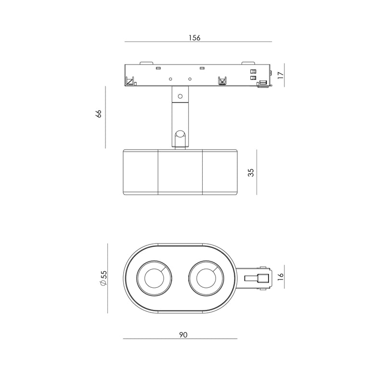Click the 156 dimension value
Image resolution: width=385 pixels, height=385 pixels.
194,38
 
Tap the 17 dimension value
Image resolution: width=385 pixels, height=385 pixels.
281,75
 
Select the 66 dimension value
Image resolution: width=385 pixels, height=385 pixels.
99,114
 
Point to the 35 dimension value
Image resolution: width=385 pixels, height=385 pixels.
251,173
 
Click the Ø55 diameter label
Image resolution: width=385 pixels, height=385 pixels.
103,278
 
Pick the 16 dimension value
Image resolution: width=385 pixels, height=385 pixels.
281,277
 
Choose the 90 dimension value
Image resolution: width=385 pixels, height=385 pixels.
183,334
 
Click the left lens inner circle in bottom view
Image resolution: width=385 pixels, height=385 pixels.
154,278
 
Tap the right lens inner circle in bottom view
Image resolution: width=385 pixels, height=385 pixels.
206,278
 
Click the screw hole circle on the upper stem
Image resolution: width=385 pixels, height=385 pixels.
180,96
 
